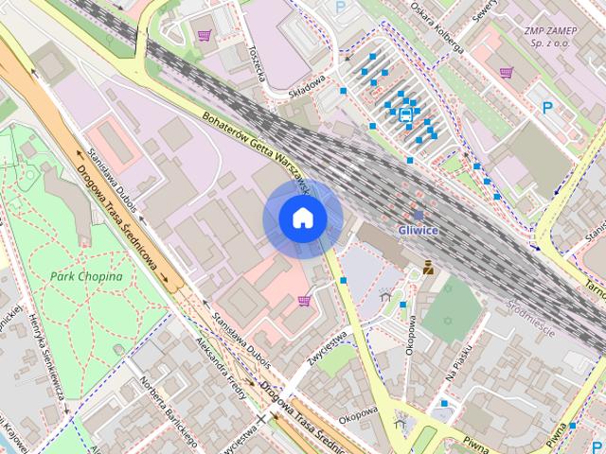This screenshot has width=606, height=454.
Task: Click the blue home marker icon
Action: (303, 218)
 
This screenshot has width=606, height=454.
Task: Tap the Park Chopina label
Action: (86, 276)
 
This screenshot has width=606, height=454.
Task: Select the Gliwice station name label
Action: (418, 231)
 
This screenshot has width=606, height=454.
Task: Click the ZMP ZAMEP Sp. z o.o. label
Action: (550, 37)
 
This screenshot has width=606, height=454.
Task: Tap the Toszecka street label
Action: (255, 62)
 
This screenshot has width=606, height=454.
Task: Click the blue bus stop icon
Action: (405, 115)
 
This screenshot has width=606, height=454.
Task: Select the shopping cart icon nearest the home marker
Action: (304, 301)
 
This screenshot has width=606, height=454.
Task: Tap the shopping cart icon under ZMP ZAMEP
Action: (508, 72)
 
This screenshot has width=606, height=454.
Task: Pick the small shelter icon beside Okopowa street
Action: (384, 296)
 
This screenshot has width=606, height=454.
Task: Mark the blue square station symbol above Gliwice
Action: (418, 216)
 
